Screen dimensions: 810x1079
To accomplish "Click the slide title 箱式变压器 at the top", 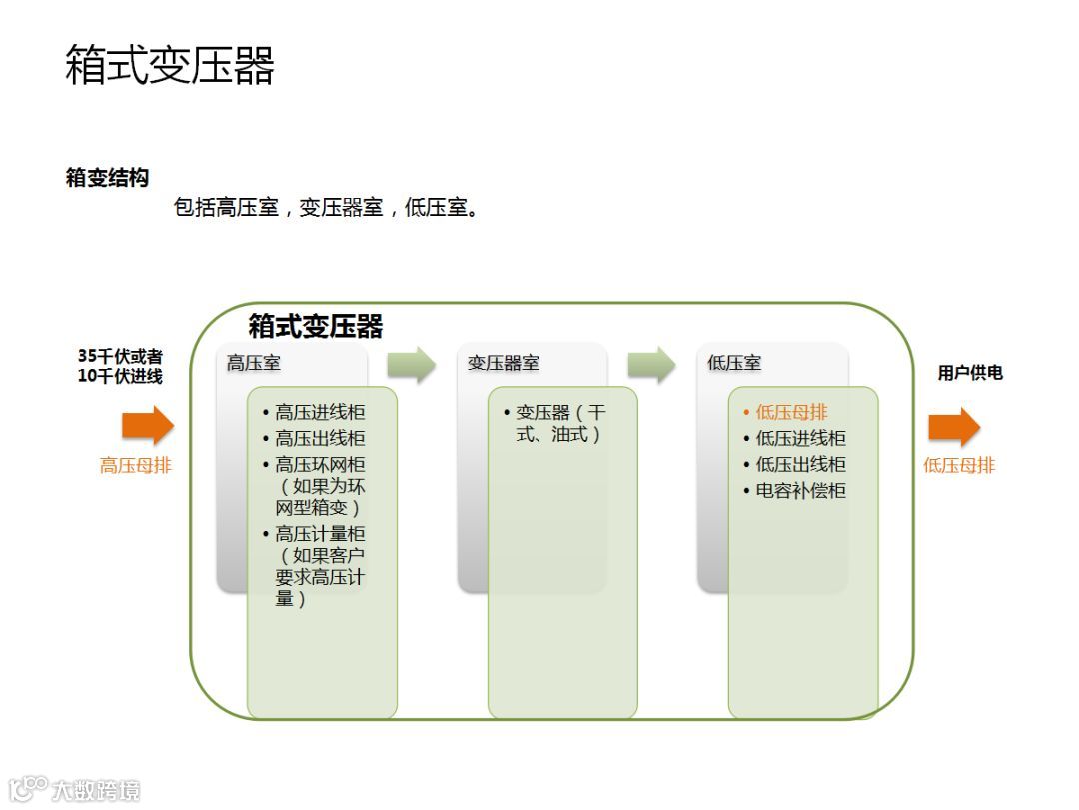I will click(169, 66).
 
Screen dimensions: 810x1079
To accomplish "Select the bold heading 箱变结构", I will click(107, 178).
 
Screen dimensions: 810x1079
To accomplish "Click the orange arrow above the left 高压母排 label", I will click(148, 427).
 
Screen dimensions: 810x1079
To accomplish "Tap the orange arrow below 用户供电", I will click(954, 427).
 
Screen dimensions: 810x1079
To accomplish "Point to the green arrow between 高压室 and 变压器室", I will click(412, 364).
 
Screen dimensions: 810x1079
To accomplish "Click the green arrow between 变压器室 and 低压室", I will click(652, 364).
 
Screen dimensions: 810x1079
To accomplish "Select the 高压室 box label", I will click(254, 363).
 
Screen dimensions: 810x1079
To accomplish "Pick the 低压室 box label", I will click(734, 363).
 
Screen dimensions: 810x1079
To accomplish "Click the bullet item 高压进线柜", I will click(320, 412).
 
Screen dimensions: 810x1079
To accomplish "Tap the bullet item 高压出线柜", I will click(320, 438).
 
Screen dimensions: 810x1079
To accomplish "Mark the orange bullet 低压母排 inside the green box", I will click(791, 412).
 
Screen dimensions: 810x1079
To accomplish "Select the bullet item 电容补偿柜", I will click(800, 490).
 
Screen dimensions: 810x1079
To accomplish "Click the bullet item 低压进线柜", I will click(800, 438).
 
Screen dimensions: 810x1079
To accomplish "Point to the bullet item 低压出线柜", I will click(800, 464).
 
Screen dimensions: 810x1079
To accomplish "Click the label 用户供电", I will click(969, 373).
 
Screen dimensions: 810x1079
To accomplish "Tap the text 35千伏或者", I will click(120, 356).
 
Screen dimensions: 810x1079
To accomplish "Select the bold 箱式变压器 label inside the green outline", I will click(316, 326).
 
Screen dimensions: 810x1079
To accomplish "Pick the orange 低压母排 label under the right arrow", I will click(959, 465).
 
